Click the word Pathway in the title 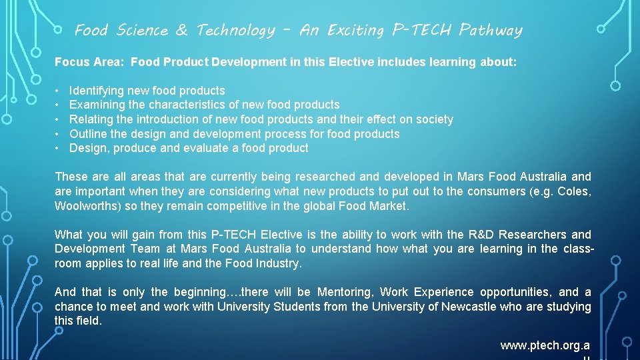point(491,30)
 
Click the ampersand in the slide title point(181,30)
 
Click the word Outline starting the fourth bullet point(89,134)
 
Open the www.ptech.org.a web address point(545,345)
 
